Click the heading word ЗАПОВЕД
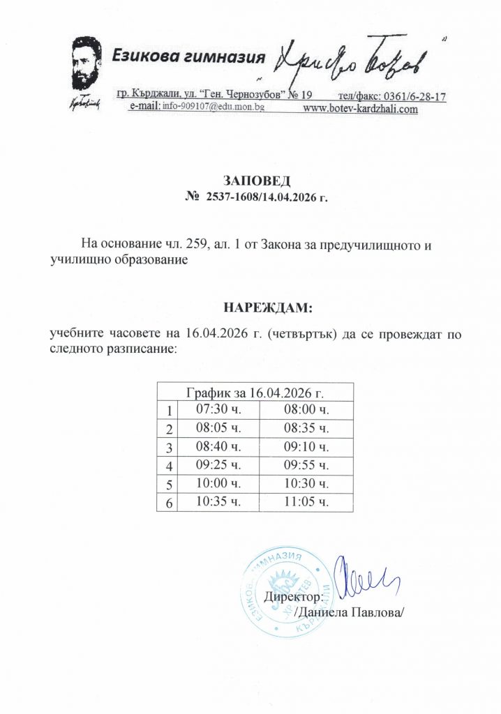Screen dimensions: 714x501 [x=250, y=183]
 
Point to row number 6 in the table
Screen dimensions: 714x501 [x=168, y=503]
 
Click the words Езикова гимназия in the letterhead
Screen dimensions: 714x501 [x=190, y=56]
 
